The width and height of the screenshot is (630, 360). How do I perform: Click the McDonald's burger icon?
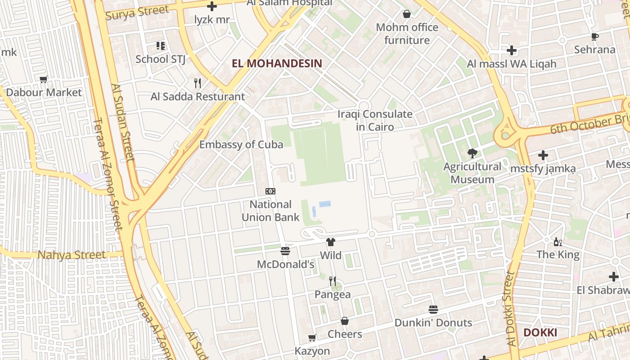[x=285, y=251]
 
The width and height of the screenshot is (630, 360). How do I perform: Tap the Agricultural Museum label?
[x=472, y=173]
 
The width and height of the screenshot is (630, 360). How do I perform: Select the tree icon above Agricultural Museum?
[x=472, y=153]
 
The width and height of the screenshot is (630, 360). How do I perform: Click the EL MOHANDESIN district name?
[x=277, y=63]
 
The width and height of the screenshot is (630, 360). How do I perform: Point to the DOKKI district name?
[x=540, y=333]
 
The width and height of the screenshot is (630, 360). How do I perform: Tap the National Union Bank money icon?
[x=270, y=191]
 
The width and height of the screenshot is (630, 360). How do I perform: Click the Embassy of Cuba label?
[x=241, y=144]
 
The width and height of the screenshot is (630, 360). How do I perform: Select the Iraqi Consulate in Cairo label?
[x=375, y=121]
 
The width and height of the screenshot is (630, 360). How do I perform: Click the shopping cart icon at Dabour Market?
[x=44, y=80]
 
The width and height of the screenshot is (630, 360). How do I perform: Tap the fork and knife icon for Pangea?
[x=333, y=281]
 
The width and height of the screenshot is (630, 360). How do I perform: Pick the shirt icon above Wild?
[x=331, y=242]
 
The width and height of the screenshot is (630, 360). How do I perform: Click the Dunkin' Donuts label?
[x=433, y=323]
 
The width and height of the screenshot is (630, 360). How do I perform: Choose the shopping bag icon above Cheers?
[x=345, y=321]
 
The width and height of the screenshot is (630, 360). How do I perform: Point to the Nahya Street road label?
[x=72, y=255]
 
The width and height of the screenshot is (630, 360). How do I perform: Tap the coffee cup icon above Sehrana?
[x=594, y=36]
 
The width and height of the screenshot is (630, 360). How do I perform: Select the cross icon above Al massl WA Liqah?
[x=512, y=50]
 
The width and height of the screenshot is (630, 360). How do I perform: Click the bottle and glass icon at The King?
[x=558, y=242]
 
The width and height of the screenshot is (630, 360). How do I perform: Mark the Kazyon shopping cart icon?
[x=312, y=337]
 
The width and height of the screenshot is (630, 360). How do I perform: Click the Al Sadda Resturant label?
[x=198, y=97]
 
